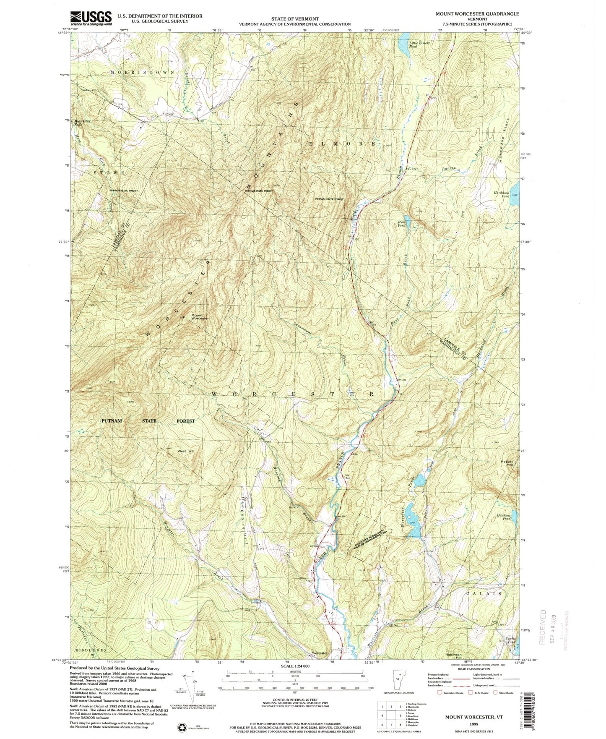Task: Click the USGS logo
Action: point(91,18)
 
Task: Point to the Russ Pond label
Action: point(401,224)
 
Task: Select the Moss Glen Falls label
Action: point(82,123)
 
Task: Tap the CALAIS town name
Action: point(484,594)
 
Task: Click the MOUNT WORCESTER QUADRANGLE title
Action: point(478,14)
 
